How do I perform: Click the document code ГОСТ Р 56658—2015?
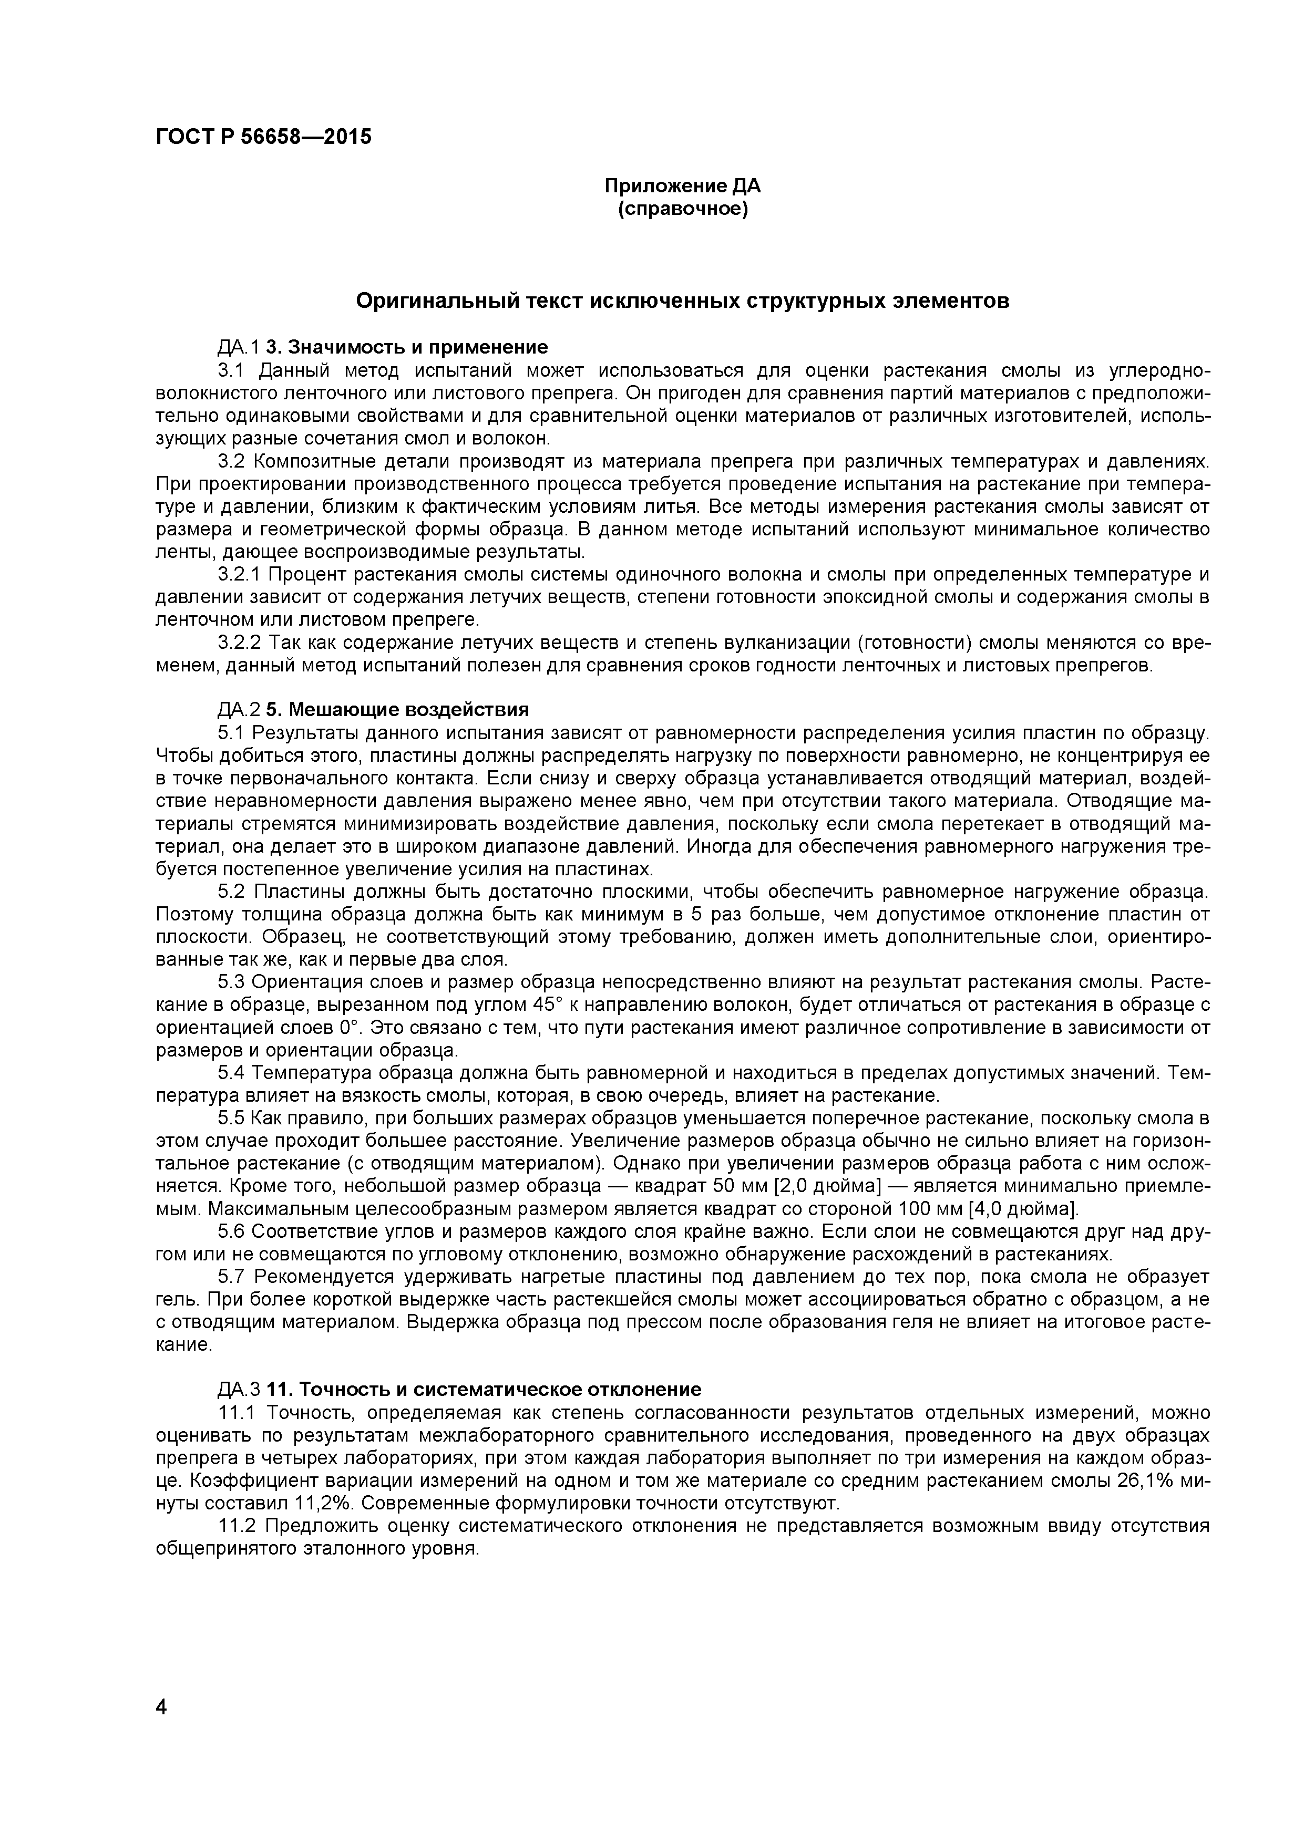pos(263,137)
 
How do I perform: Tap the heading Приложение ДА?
pos(682,186)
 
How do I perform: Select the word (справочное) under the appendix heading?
pos(682,210)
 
